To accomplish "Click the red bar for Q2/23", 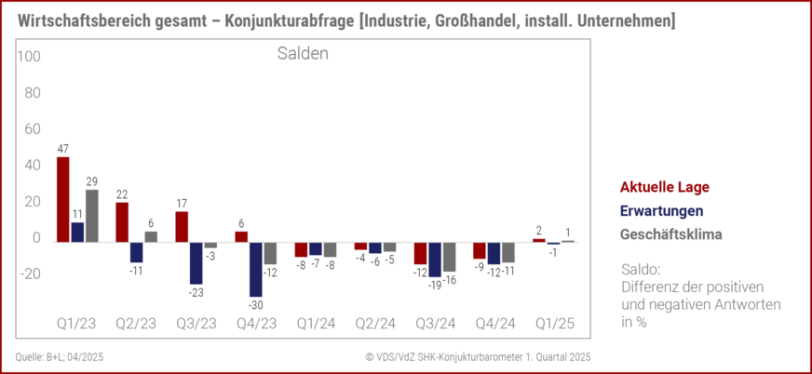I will point(122,221).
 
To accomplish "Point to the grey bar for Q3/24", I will point(450,257).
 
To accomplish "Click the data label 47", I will point(62,149).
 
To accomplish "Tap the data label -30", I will point(255,304).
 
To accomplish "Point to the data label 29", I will point(91,182).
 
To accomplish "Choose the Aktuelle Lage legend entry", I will point(664,187).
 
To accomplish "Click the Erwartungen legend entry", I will point(661,211).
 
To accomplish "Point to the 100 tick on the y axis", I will point(29,57).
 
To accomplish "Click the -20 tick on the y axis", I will point(29,274).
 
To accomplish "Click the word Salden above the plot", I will point(303,55).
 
